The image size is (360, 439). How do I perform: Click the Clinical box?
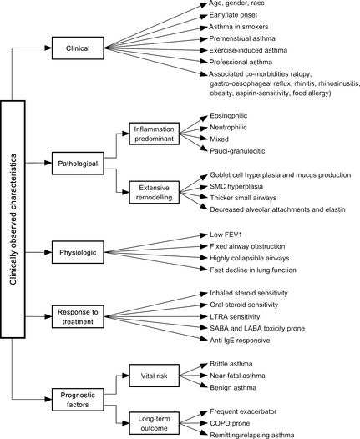[78, 48]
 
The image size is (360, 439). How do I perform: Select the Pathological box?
[78, 164]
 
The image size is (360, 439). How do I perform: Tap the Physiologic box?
[78, 252]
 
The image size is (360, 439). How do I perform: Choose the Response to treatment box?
[78, 316]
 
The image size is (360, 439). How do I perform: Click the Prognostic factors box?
[78, 400]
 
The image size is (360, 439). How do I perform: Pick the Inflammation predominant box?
[154, 134]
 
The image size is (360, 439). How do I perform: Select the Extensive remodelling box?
[154, 192]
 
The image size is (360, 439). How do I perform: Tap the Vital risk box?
[154, 376]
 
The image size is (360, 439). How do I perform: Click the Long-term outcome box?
[154, 423]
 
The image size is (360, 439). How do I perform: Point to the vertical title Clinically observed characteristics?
[13, 219]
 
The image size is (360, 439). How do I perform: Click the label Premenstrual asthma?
[242, 38]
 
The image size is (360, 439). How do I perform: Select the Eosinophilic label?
[229, 116]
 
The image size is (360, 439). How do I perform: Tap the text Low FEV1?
[226, 235]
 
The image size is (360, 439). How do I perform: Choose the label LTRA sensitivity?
[235, 316]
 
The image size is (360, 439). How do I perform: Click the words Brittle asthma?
[231, 364]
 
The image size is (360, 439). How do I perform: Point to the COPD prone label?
[230, 423]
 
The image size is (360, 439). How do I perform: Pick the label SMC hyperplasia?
[236, 186]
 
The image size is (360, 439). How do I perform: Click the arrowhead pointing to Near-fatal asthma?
[204, 376]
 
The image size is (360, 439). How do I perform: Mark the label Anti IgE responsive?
[240, 341]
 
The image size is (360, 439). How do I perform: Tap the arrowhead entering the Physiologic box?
[48, 252]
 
